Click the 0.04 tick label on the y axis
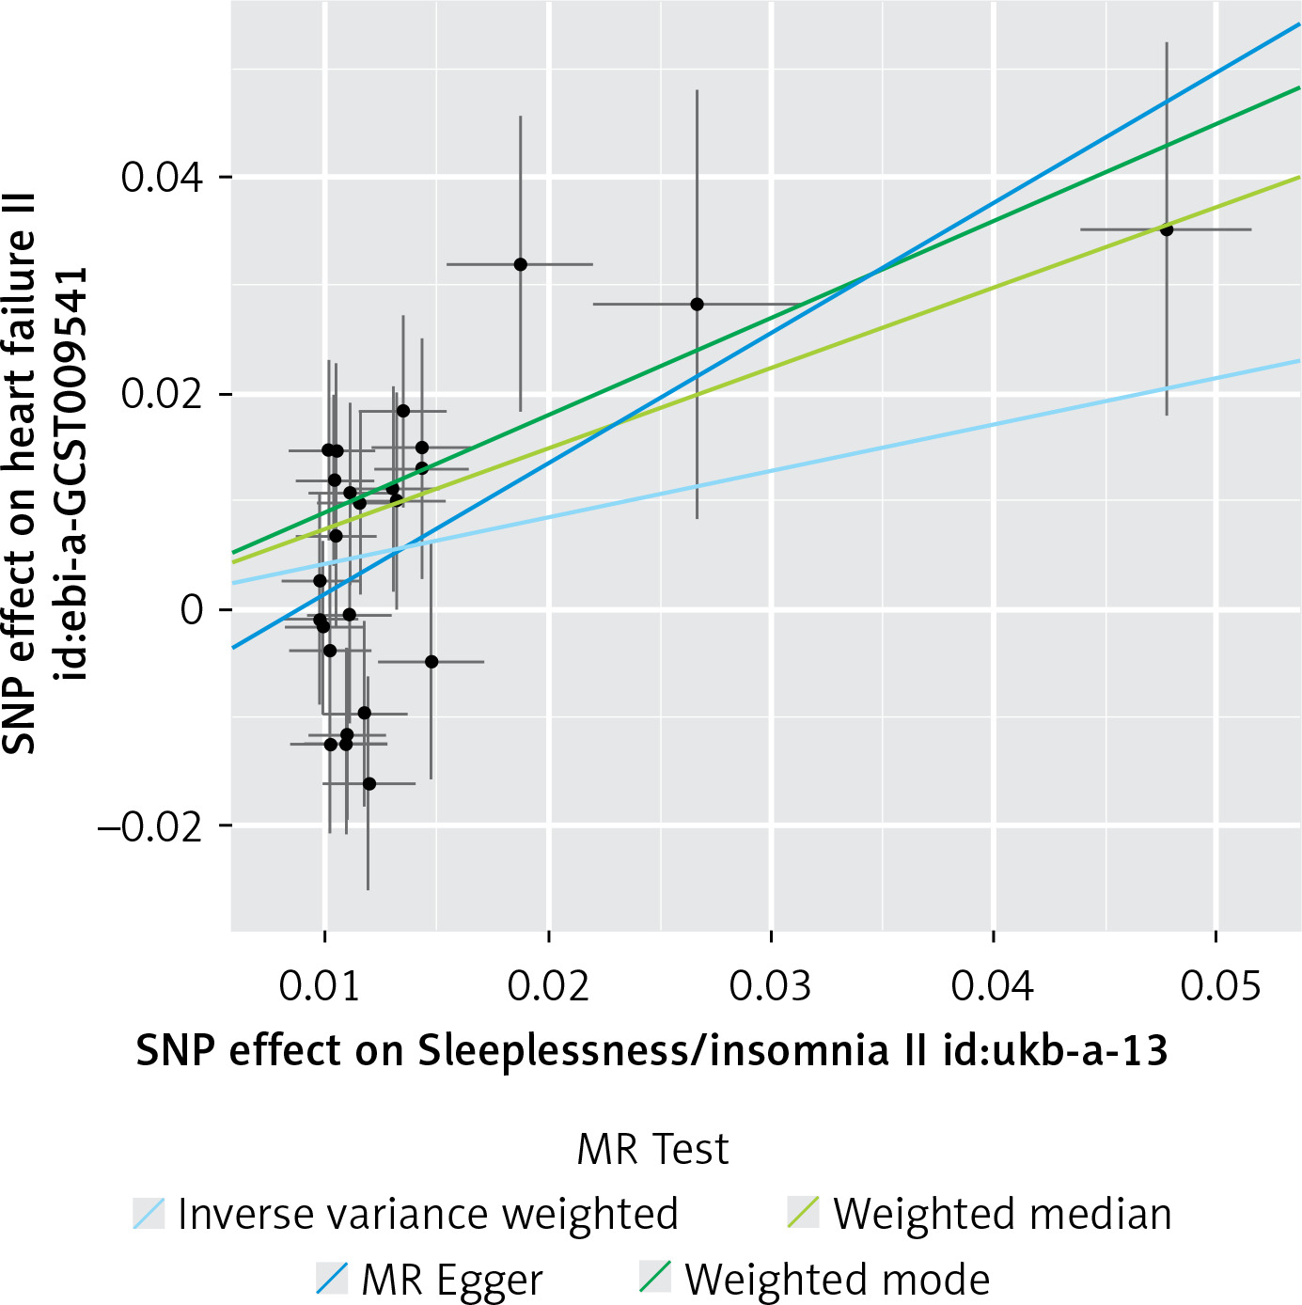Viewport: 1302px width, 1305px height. coord(162,177)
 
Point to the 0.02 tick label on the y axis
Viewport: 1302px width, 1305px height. coord(162,394)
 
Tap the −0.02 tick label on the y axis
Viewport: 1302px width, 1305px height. coord(150,826)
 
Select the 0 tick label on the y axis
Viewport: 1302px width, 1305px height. coord(192,610)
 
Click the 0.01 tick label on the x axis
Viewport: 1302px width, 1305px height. coord(320,986)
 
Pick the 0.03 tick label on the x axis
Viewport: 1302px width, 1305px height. coord(770,986)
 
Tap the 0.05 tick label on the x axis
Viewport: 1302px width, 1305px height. coord(1220,986)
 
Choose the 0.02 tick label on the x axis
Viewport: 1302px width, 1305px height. coord(547,986)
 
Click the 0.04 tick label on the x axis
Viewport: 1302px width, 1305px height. coord(992,986)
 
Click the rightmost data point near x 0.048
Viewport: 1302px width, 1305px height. coord(1167,229)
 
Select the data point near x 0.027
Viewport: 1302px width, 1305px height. coord(697,305)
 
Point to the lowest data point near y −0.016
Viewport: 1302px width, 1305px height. coord(369,783)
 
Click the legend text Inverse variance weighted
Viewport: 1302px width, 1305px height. coord(428,1214)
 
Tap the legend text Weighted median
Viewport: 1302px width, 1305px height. coord(1002,1214)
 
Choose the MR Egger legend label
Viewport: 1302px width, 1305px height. coord(451,1280)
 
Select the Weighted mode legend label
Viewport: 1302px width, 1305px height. coord(837,1280)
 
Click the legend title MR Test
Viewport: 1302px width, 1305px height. coord(652,1149)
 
